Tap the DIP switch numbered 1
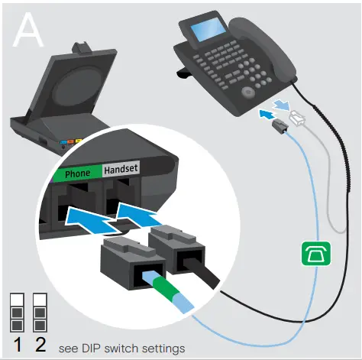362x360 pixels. tap(17, 310)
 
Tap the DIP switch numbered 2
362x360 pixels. tap(40, 310)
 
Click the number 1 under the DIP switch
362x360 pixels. tap(17, 343)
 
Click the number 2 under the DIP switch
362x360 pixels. tap(40, 343)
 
